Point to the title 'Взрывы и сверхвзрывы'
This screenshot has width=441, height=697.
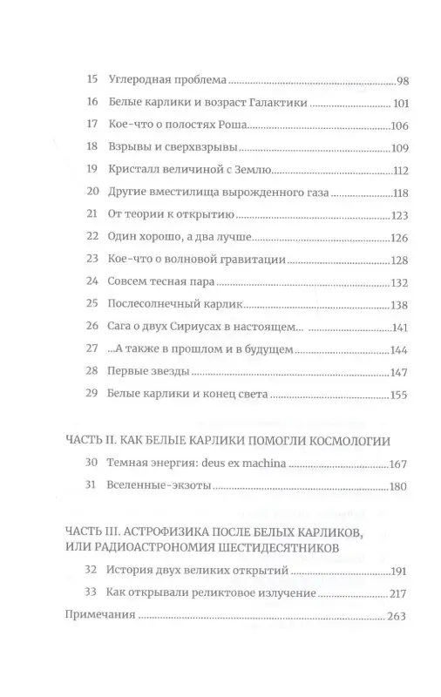click(x=170, y=148)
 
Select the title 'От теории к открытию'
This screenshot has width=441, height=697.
click(x=169, y=216)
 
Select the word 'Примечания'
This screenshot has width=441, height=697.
click(x=98, y=615)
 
